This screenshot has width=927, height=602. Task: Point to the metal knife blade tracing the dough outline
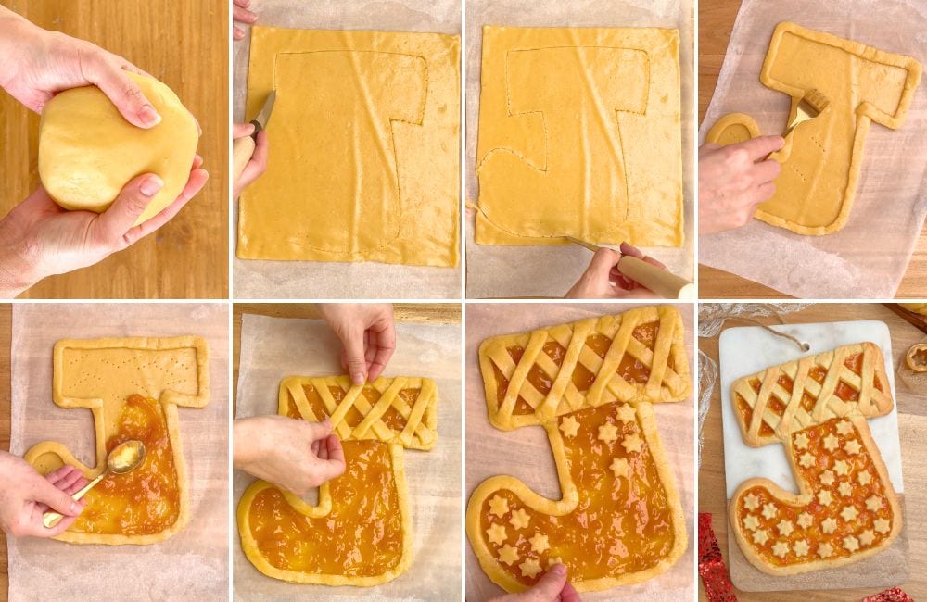tap(263, 113)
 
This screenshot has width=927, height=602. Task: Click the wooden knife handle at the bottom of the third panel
tap(654, 276)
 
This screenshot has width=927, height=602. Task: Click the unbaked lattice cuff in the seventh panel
tap(584, 361)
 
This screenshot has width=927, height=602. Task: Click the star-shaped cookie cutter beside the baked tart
tap(917, 357)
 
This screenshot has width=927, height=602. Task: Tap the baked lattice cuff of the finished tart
tap(811, 389)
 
